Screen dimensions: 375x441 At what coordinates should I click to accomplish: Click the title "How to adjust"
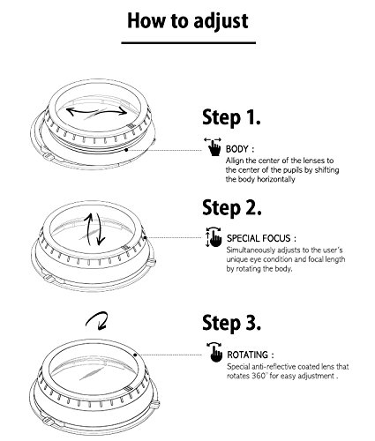(188, 21)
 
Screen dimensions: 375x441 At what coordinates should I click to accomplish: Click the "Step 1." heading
(231, 117)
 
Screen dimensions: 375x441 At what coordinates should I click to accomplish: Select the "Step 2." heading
(232, 208)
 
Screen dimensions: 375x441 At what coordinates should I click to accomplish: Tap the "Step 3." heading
(231, 323)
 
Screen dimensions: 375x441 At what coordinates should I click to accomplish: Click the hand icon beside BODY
(214, 146)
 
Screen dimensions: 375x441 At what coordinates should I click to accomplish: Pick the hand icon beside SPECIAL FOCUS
(214, 236)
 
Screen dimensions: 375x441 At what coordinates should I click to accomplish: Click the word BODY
(236, 149)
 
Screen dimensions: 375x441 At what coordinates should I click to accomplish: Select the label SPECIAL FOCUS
(259, 238)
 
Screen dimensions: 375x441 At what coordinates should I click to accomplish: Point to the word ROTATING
(247, 355)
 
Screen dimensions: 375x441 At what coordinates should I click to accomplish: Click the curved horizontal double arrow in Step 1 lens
(96, 112)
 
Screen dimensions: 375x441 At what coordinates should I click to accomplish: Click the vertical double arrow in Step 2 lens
(94, 229)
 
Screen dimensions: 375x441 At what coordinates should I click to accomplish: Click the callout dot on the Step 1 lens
(126, 150)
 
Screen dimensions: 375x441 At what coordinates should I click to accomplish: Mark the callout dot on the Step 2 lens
(145, 237)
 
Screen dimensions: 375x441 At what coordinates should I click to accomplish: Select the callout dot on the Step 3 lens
(135, 355)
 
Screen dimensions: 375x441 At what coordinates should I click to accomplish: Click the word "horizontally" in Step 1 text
(276, 179)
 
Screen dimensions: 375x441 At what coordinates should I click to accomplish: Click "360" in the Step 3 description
(259, 376)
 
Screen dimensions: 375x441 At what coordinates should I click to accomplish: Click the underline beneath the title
(189, 43)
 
